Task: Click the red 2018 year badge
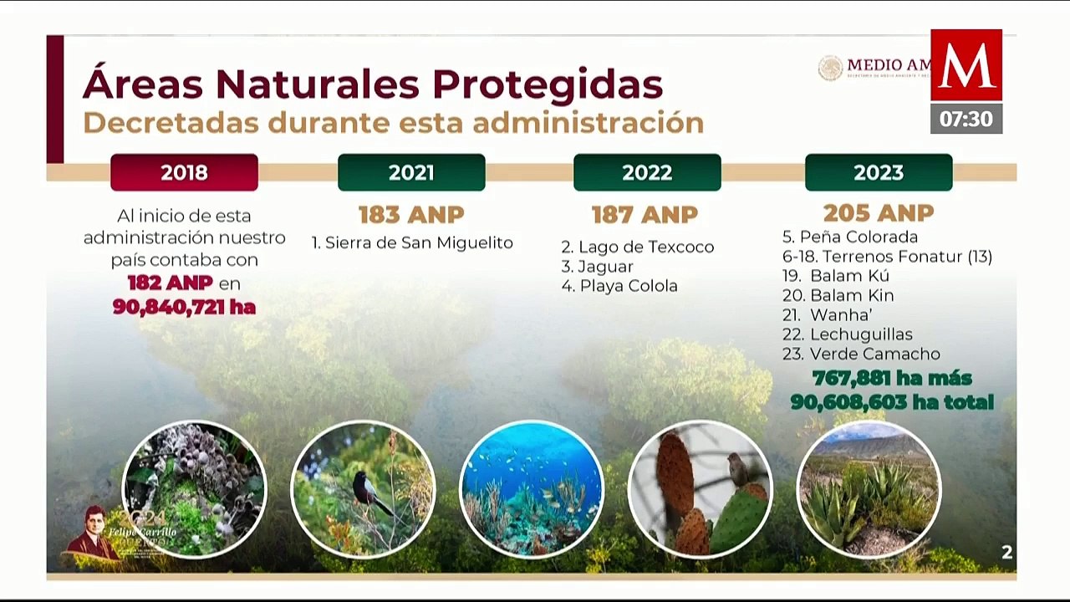coord(184,172)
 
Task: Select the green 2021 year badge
coord(411,172)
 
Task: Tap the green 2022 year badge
coord(647,172)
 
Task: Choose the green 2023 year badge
coord(879,172)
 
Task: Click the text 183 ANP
coord(411,215)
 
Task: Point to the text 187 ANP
coord(645,215)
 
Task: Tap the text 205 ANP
coord(878,213)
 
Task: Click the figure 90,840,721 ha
coord(184,307)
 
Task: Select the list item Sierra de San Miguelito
coord(412,243)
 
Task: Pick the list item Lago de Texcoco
coord(637,247)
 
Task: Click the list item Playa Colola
coord(619,286)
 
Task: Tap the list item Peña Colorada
coord(850,237)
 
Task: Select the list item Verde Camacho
coord(861,354)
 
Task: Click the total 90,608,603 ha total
coord(892,402)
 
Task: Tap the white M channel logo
coord(966,65)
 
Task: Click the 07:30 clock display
coord(966,119)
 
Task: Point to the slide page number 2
coord(1006,552)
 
